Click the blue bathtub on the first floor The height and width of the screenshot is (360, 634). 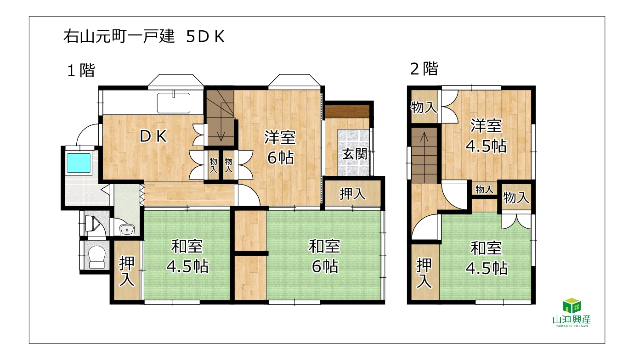coord(79,163)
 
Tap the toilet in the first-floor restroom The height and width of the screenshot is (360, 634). coord(96,257)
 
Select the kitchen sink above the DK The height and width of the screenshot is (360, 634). coord(174,103)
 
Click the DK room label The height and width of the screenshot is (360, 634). coord(153,136)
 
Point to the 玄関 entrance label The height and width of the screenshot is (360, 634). coord(355,154)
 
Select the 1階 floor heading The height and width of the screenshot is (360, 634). coord(81,70)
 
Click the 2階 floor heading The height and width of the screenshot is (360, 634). coord(424,69)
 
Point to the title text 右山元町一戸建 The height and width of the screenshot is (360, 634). coord(119,36)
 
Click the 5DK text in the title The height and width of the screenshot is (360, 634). coord(205,37)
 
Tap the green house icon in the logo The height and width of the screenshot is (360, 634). coord(572,305)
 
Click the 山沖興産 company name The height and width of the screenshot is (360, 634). coord(572,320)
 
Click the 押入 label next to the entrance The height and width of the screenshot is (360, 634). coord(352,194)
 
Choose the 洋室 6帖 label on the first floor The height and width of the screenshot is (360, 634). coord(280,147)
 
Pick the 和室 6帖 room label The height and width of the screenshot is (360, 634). coord(325,256)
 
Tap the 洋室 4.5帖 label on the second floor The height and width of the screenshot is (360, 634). coord(486,136)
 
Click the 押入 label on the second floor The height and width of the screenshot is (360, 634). coord(424,273)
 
